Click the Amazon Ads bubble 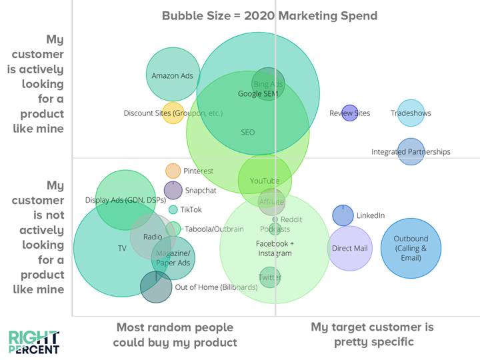click(x=173, y=75)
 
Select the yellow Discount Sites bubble click(x=173, y=113)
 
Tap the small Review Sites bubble click(x=349, y=113)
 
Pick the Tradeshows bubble click(x=411, y=113)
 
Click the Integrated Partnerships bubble click(x=411, y=151)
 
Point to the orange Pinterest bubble click(x=173, y=171)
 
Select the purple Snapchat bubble click(x=173, y=190)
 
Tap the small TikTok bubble click(x=173, y=209)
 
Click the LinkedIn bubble click(x=343, y=215)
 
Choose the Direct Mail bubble click(x=350, y=248)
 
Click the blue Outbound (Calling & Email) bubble click(x=411, y=248)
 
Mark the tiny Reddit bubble click(x=275, y=219)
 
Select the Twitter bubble click(x=269, y=277)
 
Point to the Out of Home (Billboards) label click(x=216, y=287)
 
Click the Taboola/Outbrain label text click(x=214, y=229)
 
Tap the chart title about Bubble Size click(x=269, y=15)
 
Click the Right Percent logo click(x=33, y=342)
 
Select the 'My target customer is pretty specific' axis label click(x=372, y=335)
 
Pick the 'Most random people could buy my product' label click(x=175, y=335)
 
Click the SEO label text click(x=247, y=132)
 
